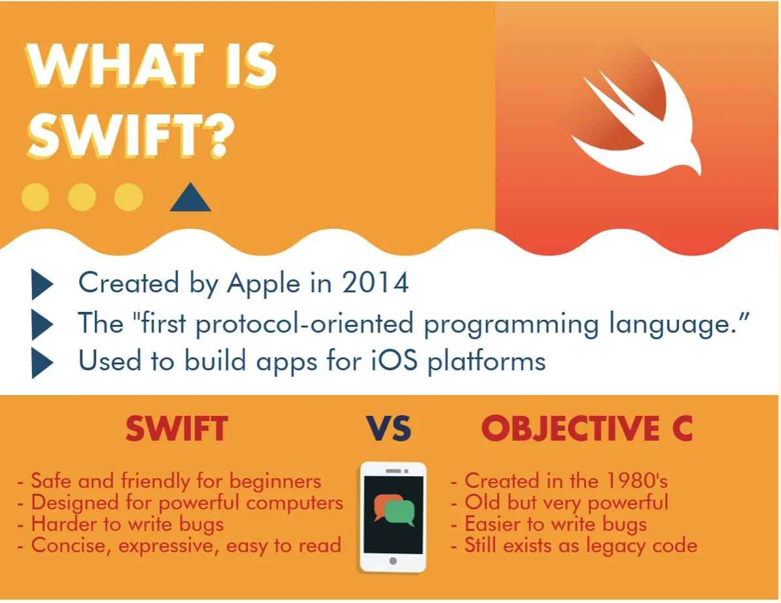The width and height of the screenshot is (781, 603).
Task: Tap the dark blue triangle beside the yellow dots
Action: click(x=190, y=198)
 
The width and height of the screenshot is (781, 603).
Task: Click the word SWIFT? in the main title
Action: click(x=131, y=135)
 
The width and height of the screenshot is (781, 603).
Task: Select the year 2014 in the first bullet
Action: click(x=375, y=283)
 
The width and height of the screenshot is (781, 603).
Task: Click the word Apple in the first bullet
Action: click(x=264, y=284)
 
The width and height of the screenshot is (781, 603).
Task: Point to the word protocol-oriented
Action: click(x=304, y=324)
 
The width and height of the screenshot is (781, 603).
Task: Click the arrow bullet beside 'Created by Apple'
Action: click(x=43, y=284)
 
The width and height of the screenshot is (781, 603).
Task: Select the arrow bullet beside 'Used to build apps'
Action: click(x=43, y=363)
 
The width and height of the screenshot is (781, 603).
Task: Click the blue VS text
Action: click(x=389, y=429)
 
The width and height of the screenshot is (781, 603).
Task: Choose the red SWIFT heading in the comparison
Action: click(x=177, y=429)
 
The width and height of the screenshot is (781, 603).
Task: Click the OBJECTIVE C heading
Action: click(x=587, y=429)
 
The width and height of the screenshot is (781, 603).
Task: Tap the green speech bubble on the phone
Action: click(x=400, y=513)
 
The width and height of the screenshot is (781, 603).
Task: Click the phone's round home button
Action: click(x=393, y=561)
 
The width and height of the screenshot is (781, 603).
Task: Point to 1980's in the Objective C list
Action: click(x=637, y=481)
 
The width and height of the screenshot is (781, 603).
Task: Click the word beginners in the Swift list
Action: click(x=275, y=482)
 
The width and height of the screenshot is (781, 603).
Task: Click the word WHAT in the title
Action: click(x=115, y=65)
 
